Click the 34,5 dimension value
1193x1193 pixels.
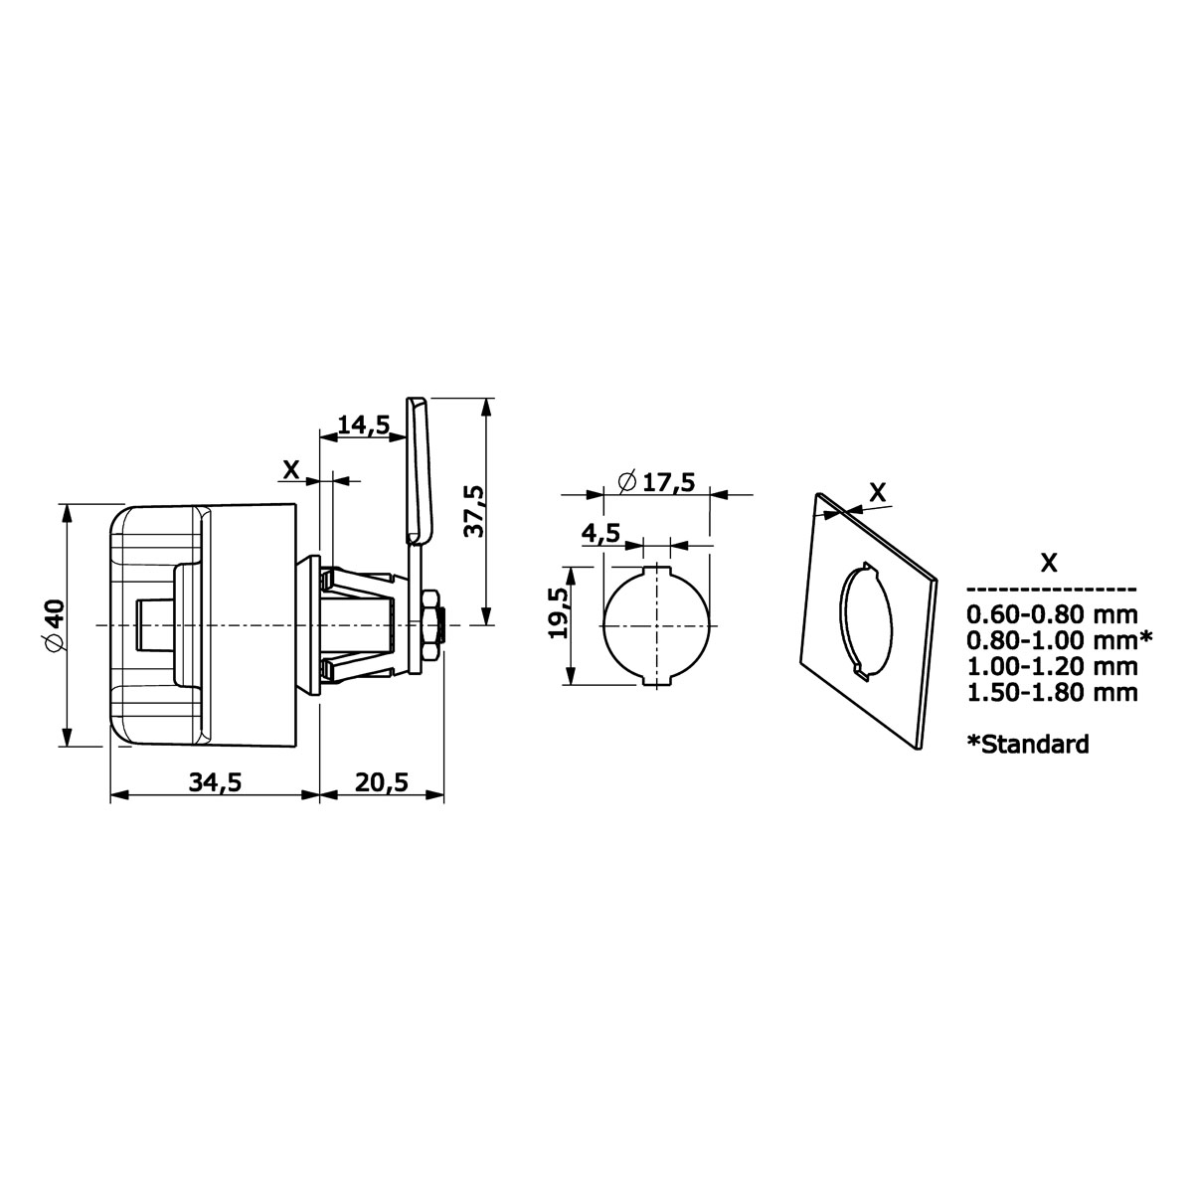point(215,783)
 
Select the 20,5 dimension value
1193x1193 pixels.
point(382,783)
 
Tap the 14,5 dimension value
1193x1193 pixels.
point(364,426)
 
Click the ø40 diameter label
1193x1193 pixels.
point(54,625)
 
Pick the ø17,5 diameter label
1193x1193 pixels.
point(657,481)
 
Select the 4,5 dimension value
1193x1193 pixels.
point(600,533)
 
